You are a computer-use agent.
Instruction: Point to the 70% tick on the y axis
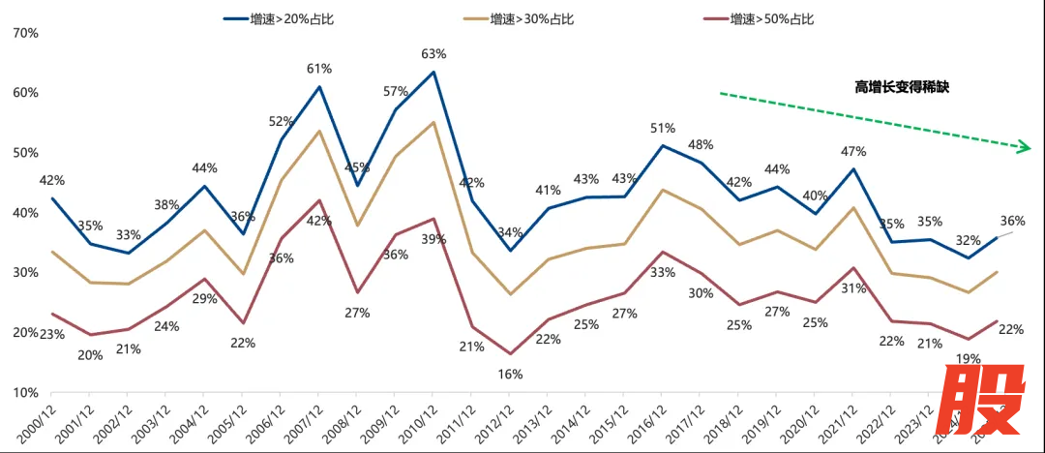pyautogui.click(x=24, y=33)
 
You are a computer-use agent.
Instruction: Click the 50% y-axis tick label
pyautogui.click(x=24, y=153)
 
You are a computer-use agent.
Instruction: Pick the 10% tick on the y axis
pyautogui.click(x=24, y=393)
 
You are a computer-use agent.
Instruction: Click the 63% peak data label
pyautogui.click(x=433, y=54)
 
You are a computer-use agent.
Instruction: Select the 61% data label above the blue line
pyautogui.click(x=319, y=69)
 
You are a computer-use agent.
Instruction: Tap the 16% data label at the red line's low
pyautogui.click(x=511, y=374)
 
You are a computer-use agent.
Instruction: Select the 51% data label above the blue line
pyautogui.click(x=662, y=128)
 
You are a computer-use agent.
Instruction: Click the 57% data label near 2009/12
pyautogui.click(x=396, y=92)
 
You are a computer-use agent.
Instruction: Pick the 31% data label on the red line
pyautogui.click(x=852, y=287)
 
